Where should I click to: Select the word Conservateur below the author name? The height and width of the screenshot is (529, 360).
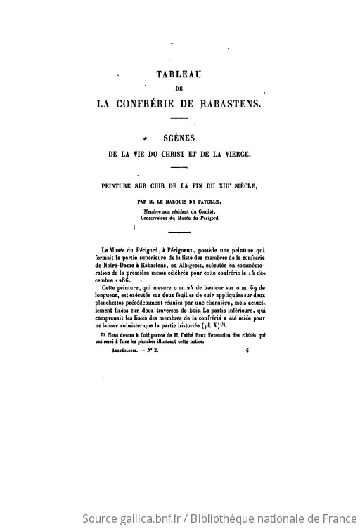157,218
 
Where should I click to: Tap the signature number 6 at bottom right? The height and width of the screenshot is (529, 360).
248,358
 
